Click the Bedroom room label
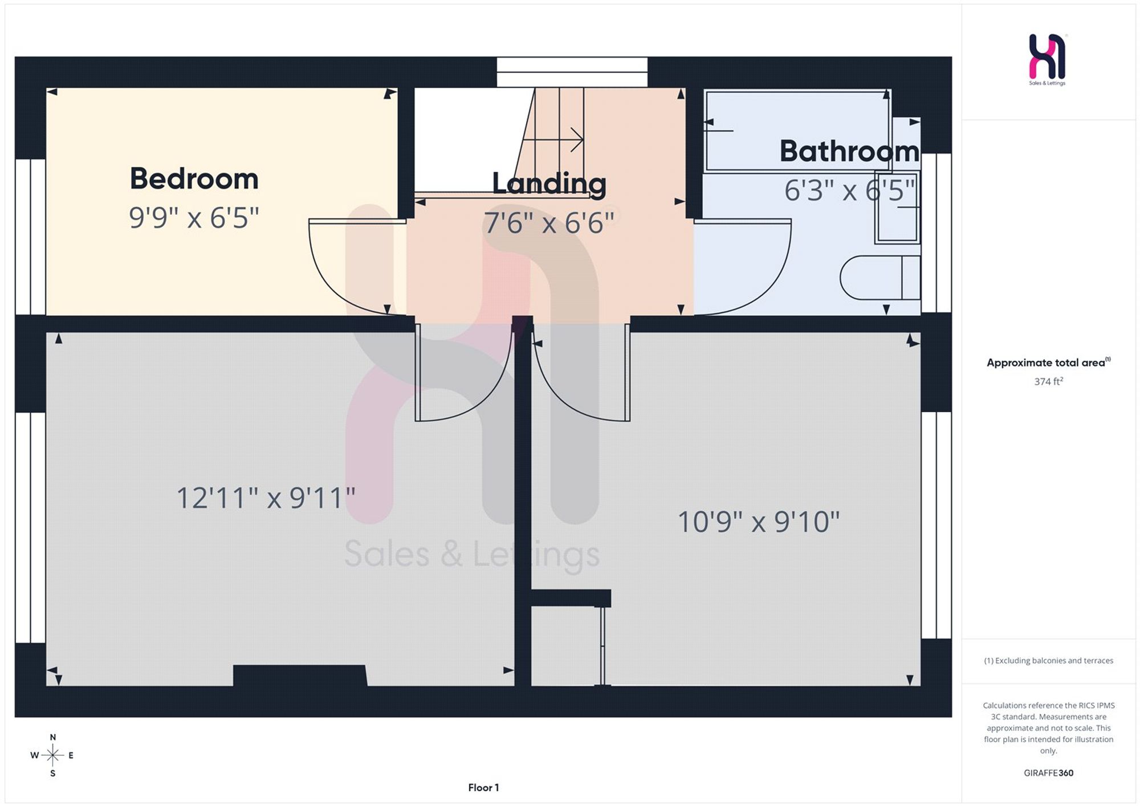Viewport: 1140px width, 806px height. (194, 178)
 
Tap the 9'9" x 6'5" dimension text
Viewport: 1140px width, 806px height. (194, 217)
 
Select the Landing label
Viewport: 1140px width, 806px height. (549, 184)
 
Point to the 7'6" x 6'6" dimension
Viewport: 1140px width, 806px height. (549, 222)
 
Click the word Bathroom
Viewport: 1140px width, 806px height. (849, 151)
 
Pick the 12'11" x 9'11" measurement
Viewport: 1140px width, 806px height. (266, 498)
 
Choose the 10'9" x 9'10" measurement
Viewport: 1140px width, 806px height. (759, 522)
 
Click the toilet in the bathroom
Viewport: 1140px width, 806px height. (880, 278)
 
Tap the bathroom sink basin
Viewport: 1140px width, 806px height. (898, 207)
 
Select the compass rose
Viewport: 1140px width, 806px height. (52, 755)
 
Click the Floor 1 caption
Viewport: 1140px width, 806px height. (483, 788)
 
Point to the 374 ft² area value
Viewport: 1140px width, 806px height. (1048, 381)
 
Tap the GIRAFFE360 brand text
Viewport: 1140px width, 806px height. (1048, 773)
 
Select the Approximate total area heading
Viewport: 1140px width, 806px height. (1048, 363)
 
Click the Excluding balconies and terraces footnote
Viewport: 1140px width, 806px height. (1048, 661)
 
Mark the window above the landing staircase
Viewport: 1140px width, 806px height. (572, 72)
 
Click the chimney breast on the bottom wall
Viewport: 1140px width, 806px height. (300, 675)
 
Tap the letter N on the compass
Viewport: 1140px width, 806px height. (53, 737)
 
